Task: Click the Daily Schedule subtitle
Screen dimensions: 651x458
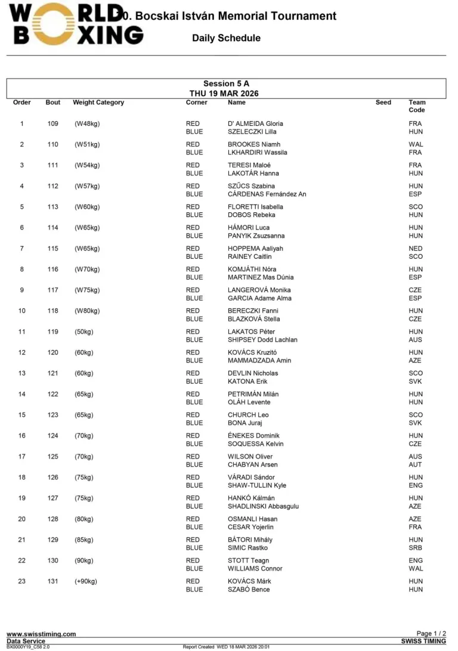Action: click(226, 38)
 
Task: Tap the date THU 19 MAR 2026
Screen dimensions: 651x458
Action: click(224, 94)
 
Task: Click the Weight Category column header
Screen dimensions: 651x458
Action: click(98, 103)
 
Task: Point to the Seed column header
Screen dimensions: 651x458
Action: click(383, 103)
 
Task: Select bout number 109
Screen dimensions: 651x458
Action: click(53, 124)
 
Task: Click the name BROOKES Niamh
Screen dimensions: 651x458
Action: click(254, 144)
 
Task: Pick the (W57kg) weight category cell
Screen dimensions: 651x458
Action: click(87, 186)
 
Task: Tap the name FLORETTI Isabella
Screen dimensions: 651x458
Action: click(255, 207)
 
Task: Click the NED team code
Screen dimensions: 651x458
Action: click(416, 249)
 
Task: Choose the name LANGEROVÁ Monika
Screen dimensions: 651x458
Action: click(259, 290)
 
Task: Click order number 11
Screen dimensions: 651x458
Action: click(22, 331)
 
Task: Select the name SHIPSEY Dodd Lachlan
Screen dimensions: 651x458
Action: click(262, 340)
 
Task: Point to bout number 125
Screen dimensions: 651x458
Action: click(53, 457)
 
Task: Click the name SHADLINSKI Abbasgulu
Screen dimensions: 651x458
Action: click(263, 506)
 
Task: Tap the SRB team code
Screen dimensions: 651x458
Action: click(416, 548)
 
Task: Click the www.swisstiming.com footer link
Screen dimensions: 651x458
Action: click(41, 634)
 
